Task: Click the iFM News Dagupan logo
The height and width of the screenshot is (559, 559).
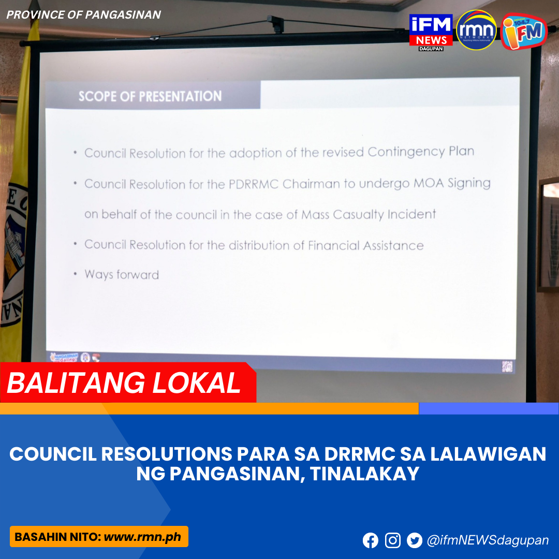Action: [431, 32]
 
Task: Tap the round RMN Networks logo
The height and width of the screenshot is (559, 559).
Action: [476, 30]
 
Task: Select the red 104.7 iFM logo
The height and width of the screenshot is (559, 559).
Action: [523, 31]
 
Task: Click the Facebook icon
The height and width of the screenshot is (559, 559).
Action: [371, 540]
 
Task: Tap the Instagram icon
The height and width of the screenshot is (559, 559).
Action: [393, 540]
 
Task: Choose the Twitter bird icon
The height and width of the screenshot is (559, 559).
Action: [415, 540]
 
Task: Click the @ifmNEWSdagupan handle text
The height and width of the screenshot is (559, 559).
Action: [488, 540]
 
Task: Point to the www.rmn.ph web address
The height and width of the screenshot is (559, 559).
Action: [142, 537]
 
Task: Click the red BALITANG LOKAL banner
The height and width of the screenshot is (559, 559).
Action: [124, 383]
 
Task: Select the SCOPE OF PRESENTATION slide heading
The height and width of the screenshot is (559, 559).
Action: [150, 96]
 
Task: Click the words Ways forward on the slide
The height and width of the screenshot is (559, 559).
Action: [122, 274]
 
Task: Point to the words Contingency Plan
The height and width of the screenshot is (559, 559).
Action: [421, 152]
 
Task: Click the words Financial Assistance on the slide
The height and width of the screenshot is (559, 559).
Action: [365, 245]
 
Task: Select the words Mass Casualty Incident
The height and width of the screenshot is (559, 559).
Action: [369, 214]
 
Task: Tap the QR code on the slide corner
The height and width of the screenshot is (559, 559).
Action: [507, 365]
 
